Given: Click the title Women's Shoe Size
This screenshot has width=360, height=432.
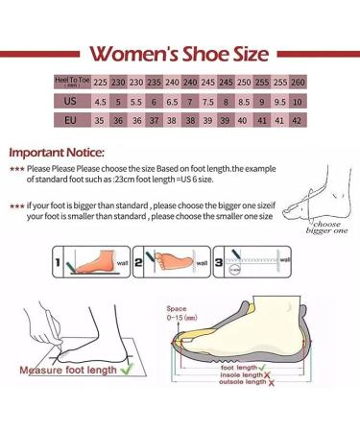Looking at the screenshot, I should click(x=180, y=53).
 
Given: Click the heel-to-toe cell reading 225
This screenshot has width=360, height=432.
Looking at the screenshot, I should click(x=124, y=82).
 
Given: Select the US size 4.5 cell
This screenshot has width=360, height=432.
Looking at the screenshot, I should click(x=124, y=101).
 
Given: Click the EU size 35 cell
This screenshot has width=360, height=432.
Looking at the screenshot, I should click(x=124, y=122).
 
